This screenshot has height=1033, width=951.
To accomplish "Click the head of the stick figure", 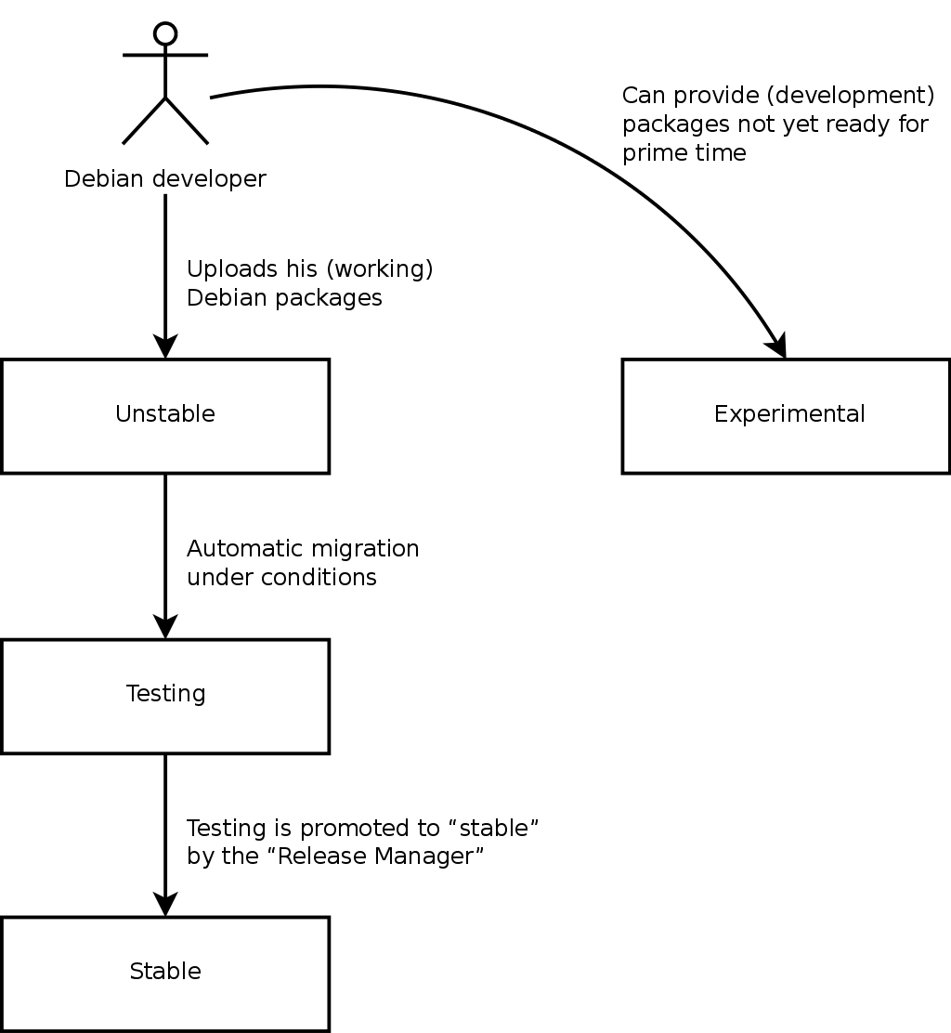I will pos(165,34).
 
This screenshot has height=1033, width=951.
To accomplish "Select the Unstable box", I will pos(165,415).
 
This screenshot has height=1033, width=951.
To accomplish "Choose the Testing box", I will pos(165,695).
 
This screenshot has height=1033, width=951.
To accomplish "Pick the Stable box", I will pos(165,973).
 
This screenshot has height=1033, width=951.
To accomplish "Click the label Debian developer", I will pos(165,178).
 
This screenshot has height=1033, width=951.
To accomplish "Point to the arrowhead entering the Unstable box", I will pos(165,347).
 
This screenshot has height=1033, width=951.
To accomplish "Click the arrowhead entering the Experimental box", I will pos(778,345).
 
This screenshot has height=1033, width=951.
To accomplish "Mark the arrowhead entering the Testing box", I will pos(165,626).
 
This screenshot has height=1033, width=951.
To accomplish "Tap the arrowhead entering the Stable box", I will pos(165,904).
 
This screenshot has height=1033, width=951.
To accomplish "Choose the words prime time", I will pos(684,153).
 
